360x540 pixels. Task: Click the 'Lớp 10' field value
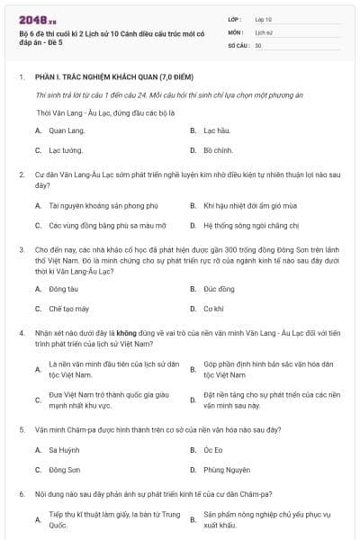263,18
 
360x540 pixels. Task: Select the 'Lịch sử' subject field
263,31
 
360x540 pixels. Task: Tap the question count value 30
258,44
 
